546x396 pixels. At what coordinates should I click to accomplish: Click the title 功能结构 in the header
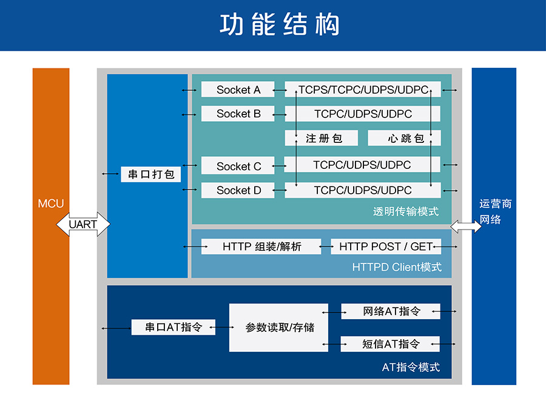tap(279, 25)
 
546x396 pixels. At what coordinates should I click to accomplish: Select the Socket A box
tap(238, 90)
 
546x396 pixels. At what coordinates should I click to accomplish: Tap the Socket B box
tap(238, 113)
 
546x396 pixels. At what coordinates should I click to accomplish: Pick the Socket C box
tap(238, 166)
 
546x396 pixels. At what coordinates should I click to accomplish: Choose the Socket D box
tap(238, 190)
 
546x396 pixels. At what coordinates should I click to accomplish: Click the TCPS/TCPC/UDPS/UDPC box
tap(363, 90)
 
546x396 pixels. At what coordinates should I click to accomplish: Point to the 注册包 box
tap(322, 139)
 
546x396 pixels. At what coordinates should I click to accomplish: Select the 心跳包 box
tap(404, 139)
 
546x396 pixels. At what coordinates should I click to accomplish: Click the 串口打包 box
tap(151, 174)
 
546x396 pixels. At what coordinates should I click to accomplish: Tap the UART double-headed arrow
tap(84, 224)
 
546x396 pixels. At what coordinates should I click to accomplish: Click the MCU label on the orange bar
tap(51, 203)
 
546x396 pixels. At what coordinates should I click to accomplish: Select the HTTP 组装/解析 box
tap(261, 246)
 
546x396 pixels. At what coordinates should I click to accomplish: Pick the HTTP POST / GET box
tap(386, 246)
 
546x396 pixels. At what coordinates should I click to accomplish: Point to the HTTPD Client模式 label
tap(397, 267)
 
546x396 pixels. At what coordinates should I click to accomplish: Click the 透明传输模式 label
tap(405, 212)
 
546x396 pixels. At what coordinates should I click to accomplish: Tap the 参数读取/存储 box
tap(278, 328)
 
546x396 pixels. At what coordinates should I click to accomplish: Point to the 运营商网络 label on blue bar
tap(494, 211)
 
